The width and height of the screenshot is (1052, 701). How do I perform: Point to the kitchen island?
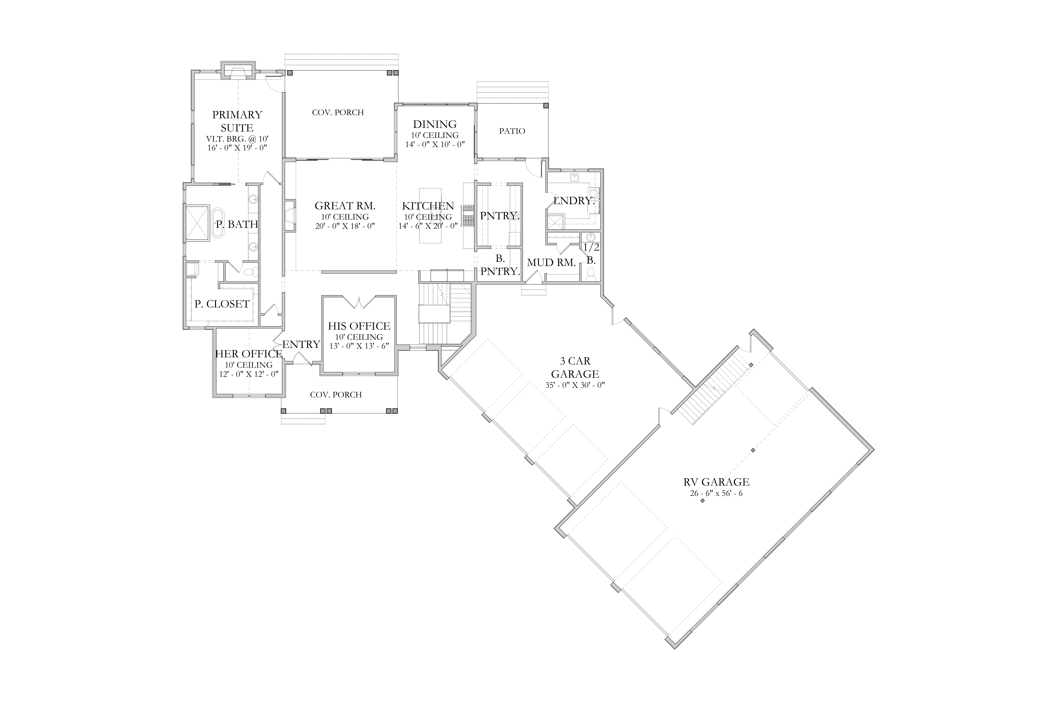pyautogui.click(x=430, y=216)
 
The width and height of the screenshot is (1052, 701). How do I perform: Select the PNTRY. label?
pyautogui.click(x=500, y=216)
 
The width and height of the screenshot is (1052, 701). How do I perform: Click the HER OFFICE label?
pyautogui.click(x=249, y=354)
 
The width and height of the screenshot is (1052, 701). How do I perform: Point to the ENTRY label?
pyautogui.click(x=301, y=344)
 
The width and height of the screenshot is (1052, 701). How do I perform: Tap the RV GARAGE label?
pyautogui.click(x=716, y=482)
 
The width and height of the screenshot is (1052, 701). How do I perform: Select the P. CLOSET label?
pyautogui.click(x=222, y=304)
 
